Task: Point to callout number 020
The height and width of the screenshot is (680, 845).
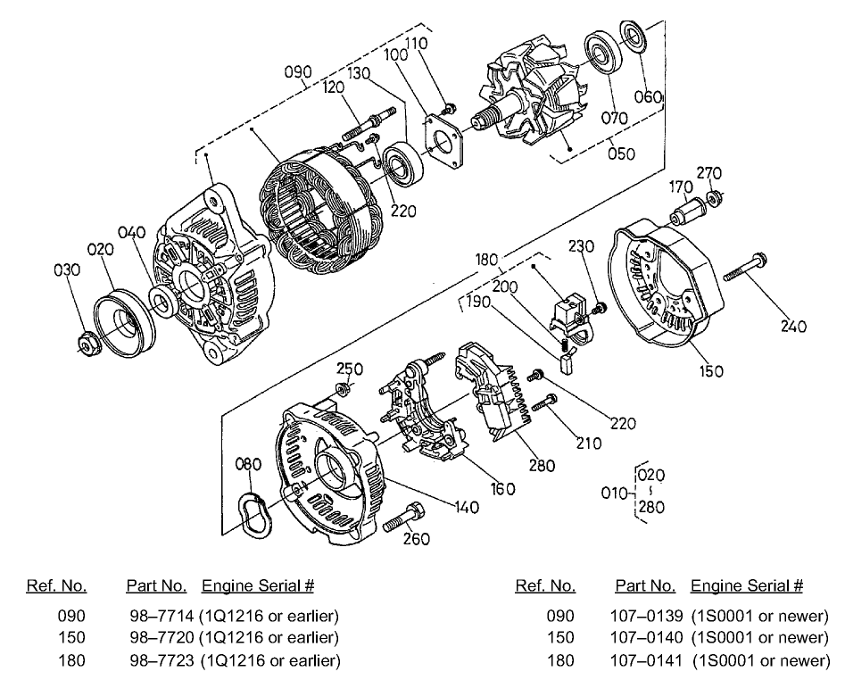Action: click(x=101, y=251)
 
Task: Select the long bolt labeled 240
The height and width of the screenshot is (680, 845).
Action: click(x=746, y=267)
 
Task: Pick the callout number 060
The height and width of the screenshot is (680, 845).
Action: click(x=650, y=96)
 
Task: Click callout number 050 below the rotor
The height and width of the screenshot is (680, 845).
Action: click(x=620, y=153)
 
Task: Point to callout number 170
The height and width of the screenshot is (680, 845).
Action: click(x=681, y=187)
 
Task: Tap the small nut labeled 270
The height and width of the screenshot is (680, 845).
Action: click(x=714, y=197)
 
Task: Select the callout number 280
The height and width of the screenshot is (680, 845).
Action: click(x=541, y=465)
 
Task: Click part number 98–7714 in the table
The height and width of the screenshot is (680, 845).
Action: click(x=156, y=616)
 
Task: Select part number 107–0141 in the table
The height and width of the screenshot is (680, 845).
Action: click(x=646, y=660)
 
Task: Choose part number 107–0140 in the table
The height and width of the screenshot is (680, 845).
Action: click(x=646, y=638)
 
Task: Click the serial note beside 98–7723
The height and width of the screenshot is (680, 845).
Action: click(x=270, y=660)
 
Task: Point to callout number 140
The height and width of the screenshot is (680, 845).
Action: click(x=465, y=508)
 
